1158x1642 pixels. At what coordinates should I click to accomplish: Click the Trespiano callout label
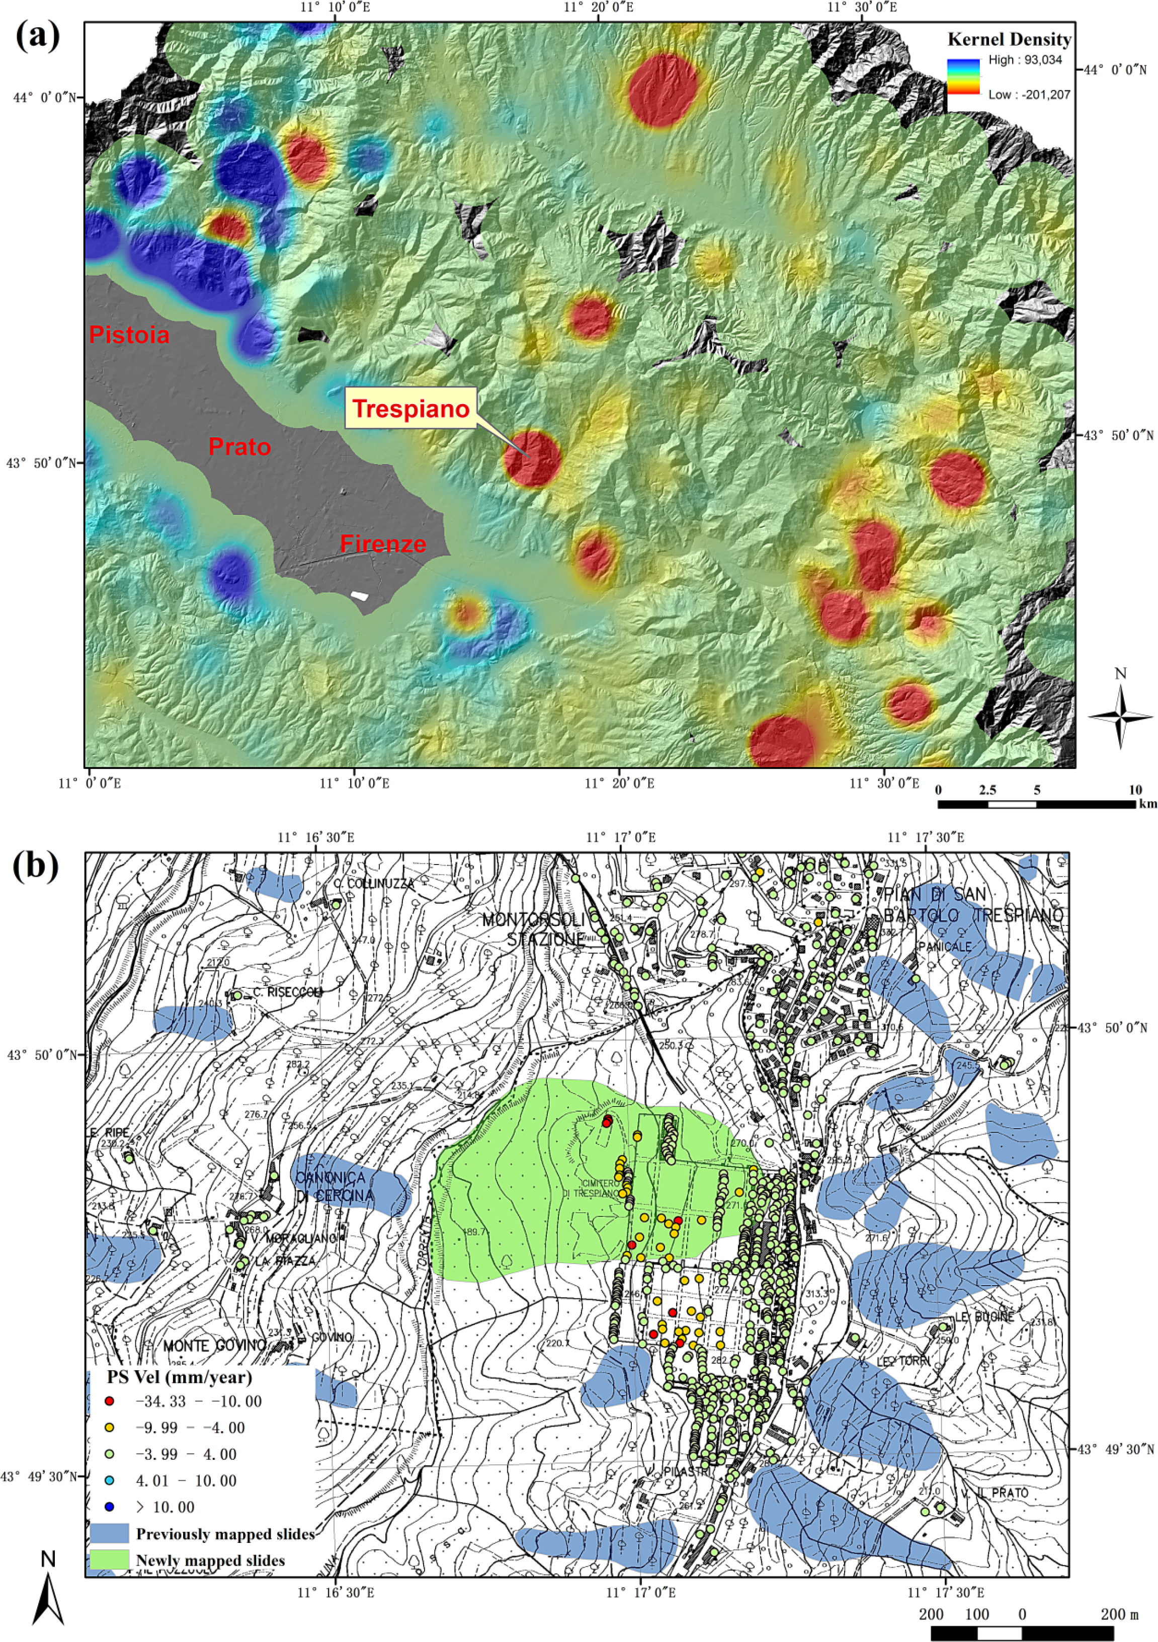pyautogui.click(x=411, y=408)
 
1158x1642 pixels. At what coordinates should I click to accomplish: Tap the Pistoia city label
pyautogui.click(x=129, y=335)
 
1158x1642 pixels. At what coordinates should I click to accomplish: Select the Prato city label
pyautogui.click(x=239, y=447)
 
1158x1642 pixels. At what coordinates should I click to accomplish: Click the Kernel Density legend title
pyautogui.click(x=1009, y=39)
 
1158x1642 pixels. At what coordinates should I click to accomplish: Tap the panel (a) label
pyautogui.click(x=37, y=36)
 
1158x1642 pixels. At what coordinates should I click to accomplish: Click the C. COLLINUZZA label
pyautogui.click(x=374, y=884)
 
